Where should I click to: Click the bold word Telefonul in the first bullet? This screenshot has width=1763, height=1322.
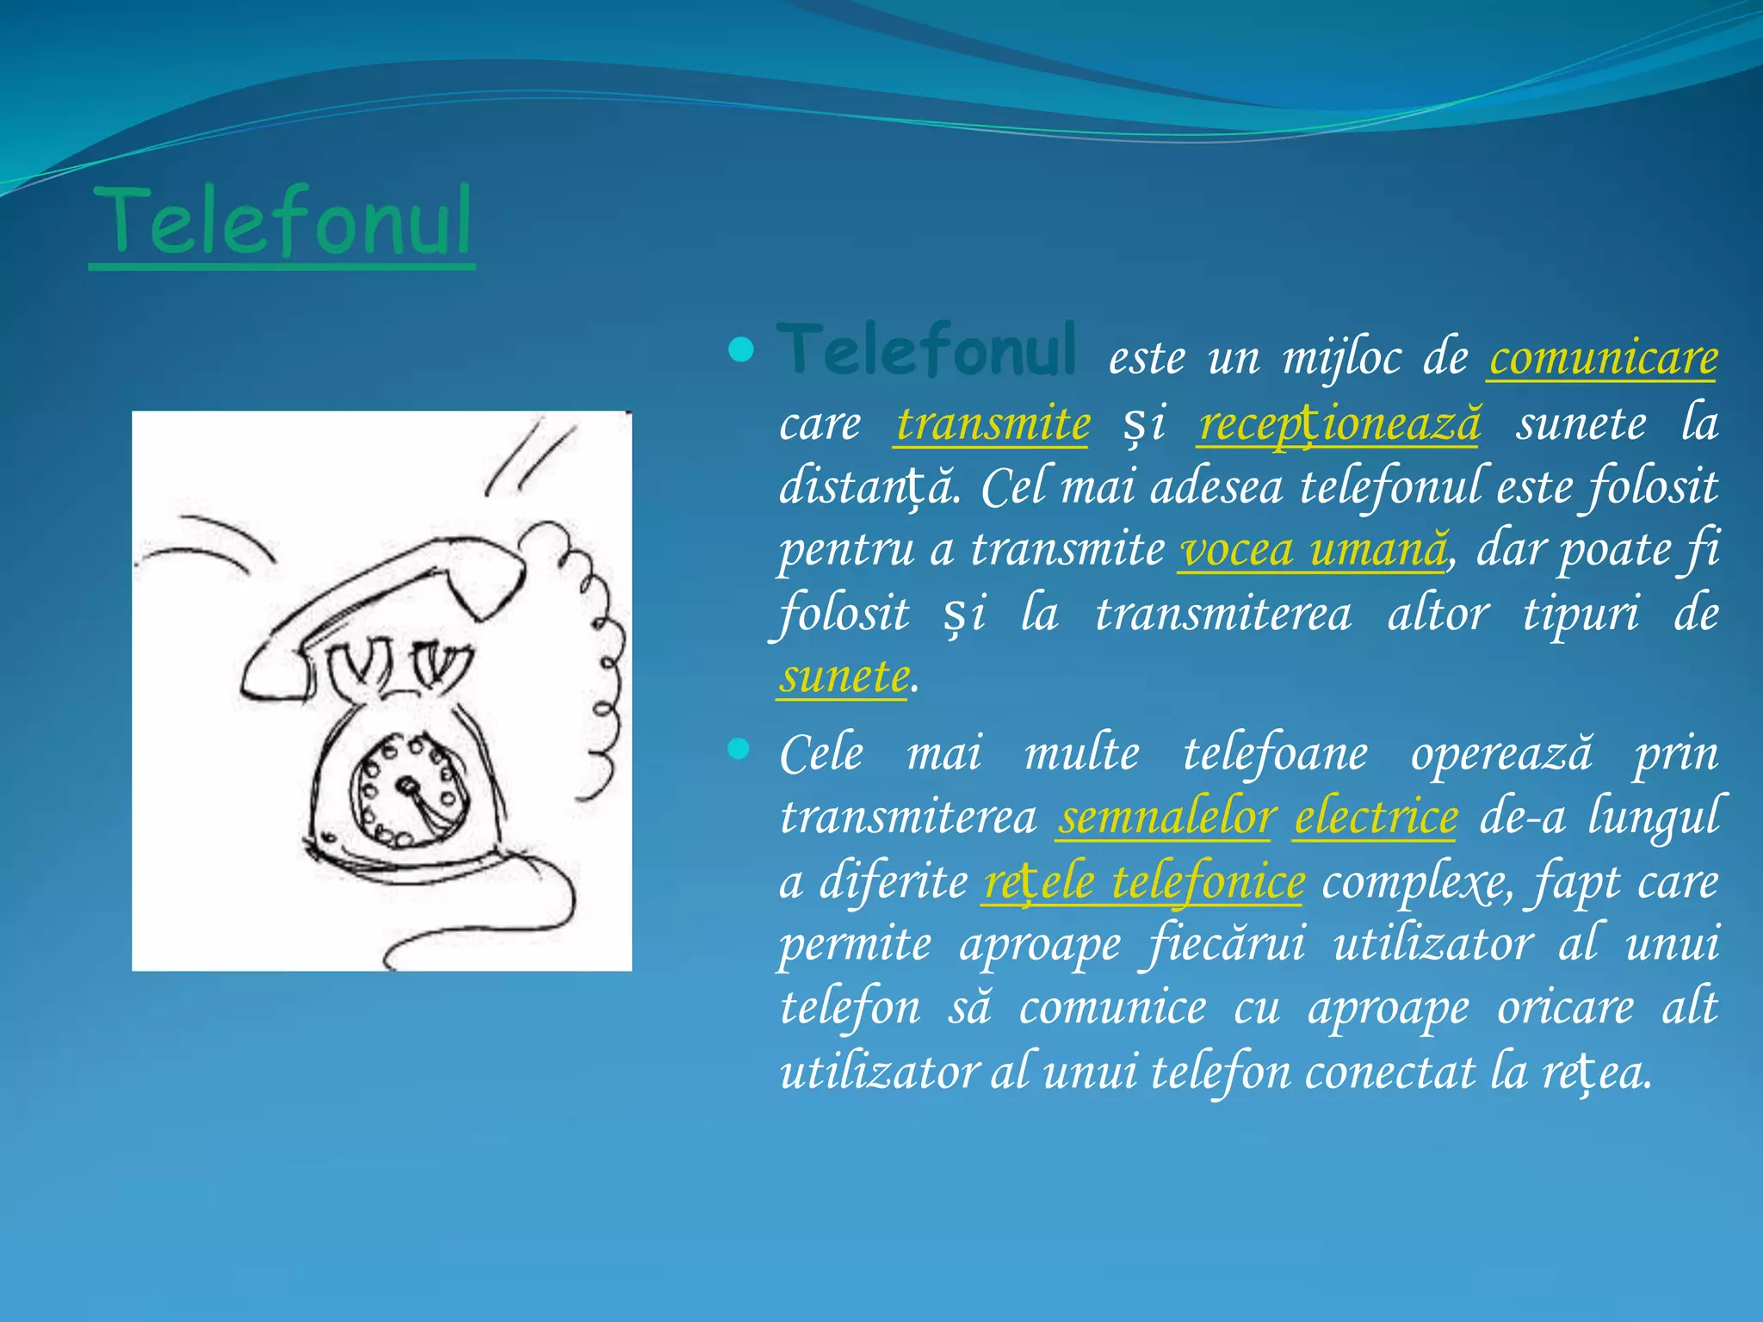tap(926, 350)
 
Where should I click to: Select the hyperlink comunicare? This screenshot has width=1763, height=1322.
tap(1603, 357)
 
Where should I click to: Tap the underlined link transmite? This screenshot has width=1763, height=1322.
tap(993, 423)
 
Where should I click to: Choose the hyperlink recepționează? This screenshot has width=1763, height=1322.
tap(1339, 423)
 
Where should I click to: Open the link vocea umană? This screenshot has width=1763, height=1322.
tap(1312, 549)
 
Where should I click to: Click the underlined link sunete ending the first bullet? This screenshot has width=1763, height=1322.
tap(843, 676)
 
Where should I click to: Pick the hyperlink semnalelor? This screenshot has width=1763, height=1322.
tap(1166, 817)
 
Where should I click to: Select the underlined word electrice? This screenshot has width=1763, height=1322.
tap(1376, 817)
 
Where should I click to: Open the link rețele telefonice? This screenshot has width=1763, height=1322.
tap(1143, 881)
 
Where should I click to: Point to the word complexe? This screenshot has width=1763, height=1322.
tap(1415, 881)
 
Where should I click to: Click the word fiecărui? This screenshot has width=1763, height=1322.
tap(1227, 944)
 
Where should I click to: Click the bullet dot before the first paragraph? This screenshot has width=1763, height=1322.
tap(741, 350)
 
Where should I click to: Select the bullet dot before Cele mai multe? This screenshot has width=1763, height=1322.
tap(739, 749)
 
